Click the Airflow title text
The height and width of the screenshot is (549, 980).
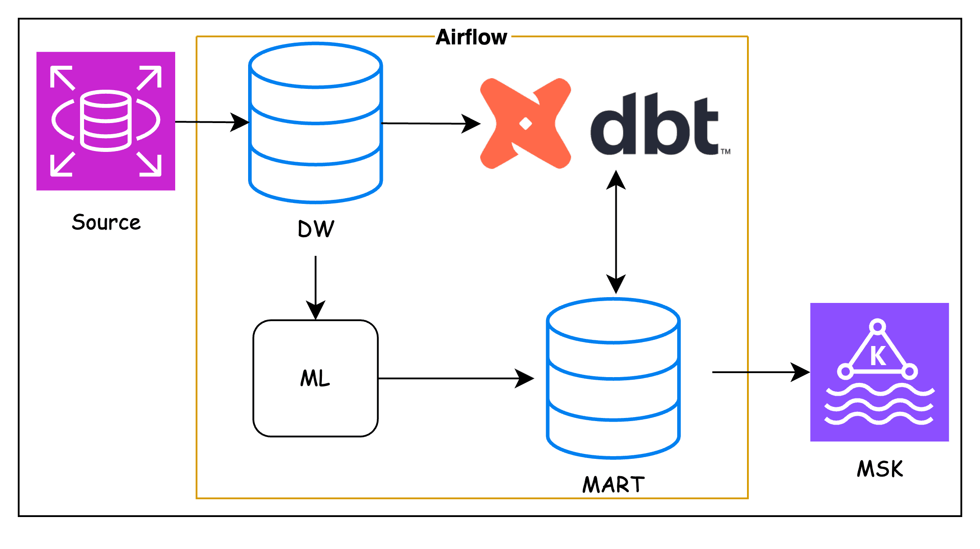pyautogui.click(x=471, y=37)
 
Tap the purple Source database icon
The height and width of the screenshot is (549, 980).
pyautogui.click(x=106, y=121)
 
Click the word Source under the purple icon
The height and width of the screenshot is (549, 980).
pyautogui.click(x=106, y=222)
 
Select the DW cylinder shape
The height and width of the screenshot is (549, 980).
pyautogui.click(x=316, y=123)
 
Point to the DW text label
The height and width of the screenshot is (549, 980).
pyautogui.click(x=316, y=229)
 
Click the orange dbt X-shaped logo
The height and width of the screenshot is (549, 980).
pyautogui.click(x=526, y=123)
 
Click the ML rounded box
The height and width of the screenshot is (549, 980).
pyautogui.click(x=316, y=378)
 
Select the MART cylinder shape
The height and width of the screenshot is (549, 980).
pyautogui.click(x=614, y=378)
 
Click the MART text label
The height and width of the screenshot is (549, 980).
pyautogui.click(x=614, y=485)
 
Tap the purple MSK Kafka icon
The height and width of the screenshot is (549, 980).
pyautogui.click(x=880, y=372)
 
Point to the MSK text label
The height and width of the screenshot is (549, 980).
pyautogui.click(x=880, y=469)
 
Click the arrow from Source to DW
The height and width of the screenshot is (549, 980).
pyautogui.click(x=212, y=122)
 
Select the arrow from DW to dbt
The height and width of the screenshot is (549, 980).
pyautogui.click(x=431, y=123)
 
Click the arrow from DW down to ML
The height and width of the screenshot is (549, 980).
pyautogui.click(x=316, y=288)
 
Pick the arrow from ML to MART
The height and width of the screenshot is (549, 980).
pyautogui.click(x=456, y=378)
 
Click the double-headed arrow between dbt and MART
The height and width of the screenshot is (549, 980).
pyautogui.click(x=616, y=232)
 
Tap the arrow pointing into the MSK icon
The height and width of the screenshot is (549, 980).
pyautogui.click(x=761, y=372)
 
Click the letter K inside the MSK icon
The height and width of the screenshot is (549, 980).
pyautogui.click(x=878, y=355)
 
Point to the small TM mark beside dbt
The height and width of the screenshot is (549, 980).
pyautogui.click(x=726, y=151)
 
